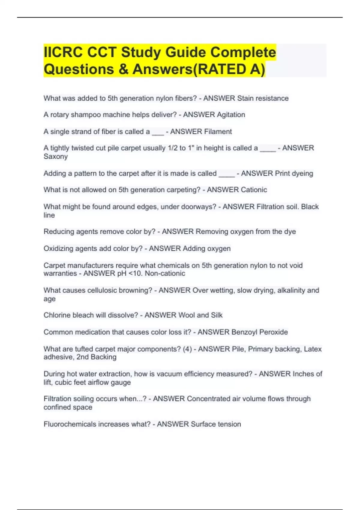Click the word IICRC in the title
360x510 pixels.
[x=63, y=52]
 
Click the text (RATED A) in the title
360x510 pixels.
[x=230, y=69]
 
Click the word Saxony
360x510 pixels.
[x=55, y=156]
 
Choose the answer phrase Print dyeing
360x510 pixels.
[x=294, y=173]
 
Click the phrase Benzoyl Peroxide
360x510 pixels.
[x=259, y=332]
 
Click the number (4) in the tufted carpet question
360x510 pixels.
[x=187, y=349]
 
